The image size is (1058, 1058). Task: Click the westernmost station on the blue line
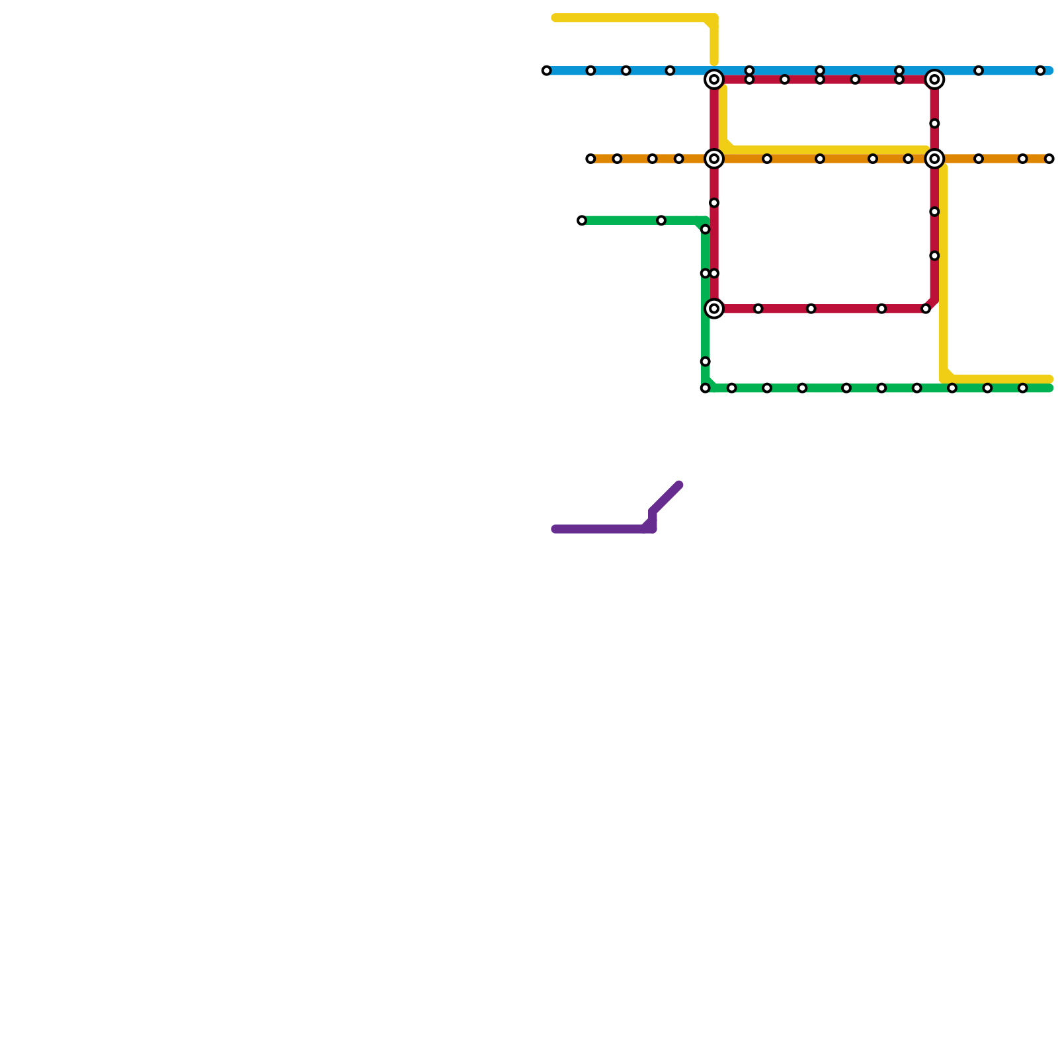(x=546, y=71)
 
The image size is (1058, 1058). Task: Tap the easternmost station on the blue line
(x=1040, y=71)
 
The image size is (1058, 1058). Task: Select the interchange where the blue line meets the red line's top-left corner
(x=714, y=80)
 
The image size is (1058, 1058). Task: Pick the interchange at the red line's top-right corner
(x=934, y=80)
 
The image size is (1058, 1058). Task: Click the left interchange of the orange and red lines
(x=714, y=159)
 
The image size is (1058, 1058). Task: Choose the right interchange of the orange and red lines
(x=934, y=159)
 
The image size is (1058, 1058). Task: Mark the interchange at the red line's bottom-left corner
(x=714, y=309)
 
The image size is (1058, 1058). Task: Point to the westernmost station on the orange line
(x=590, y=159)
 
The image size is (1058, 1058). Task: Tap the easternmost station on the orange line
(x=1049, y=159)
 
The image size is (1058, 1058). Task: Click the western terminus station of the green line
(x=582, y=220)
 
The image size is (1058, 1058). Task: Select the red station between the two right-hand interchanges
(x=934, y=124)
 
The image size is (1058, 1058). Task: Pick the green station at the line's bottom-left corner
(x=706, y=388)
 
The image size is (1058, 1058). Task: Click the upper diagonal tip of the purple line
(x=679, y=485)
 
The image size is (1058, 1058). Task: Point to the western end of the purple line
(x=555, y=529)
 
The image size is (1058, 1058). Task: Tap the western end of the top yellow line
(x=555, y=18)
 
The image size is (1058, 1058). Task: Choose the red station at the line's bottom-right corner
(x=926, y=309)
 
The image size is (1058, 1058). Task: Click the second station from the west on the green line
(x=661, y=220)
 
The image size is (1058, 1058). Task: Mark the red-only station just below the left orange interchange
(x=714, y=203)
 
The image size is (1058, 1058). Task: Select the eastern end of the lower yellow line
(x=1049, y=379)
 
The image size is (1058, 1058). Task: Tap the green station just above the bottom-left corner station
(x=706, y=362)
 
